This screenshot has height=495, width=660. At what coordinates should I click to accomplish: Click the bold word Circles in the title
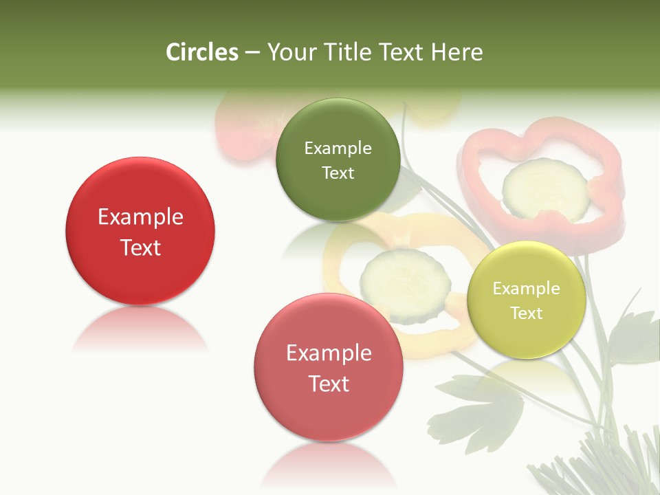pyautogui.click(x=201, y=52)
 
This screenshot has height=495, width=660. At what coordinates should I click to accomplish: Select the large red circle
pyautogui.click(x=140, y=231)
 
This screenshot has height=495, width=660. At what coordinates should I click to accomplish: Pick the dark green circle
pyautogui.click(x=338, y=160)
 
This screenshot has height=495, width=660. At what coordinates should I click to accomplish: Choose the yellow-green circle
pyautogui.click(x=526, y=300)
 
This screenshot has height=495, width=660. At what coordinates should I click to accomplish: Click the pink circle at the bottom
pyautogui.click(x=329, y=367)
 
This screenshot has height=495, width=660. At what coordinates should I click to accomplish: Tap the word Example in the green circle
pyautogui.click(x=338, y=148)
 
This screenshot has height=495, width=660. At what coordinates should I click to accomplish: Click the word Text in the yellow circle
pyautogui.click(x=527, y=313)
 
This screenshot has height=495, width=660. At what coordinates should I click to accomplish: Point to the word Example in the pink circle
pyautogui.click(x=329, y=353)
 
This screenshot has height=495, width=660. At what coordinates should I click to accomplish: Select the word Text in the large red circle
pyautogui.click(x=140, y=247)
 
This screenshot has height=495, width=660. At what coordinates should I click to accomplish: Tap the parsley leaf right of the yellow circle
pyautogui.click(x=632, y=337)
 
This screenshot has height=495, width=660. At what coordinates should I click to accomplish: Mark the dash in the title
pyautogui.click(x=252, y=53)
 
